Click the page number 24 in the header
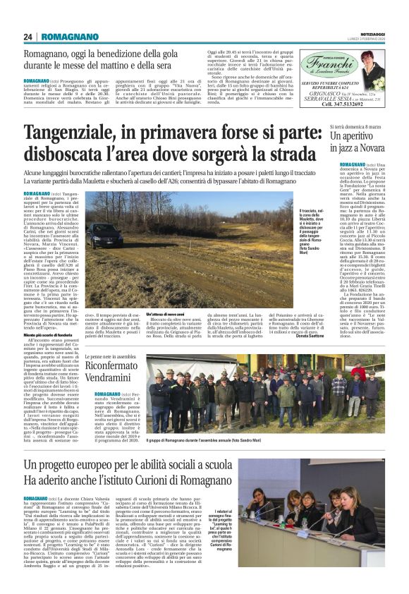(28, 37)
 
